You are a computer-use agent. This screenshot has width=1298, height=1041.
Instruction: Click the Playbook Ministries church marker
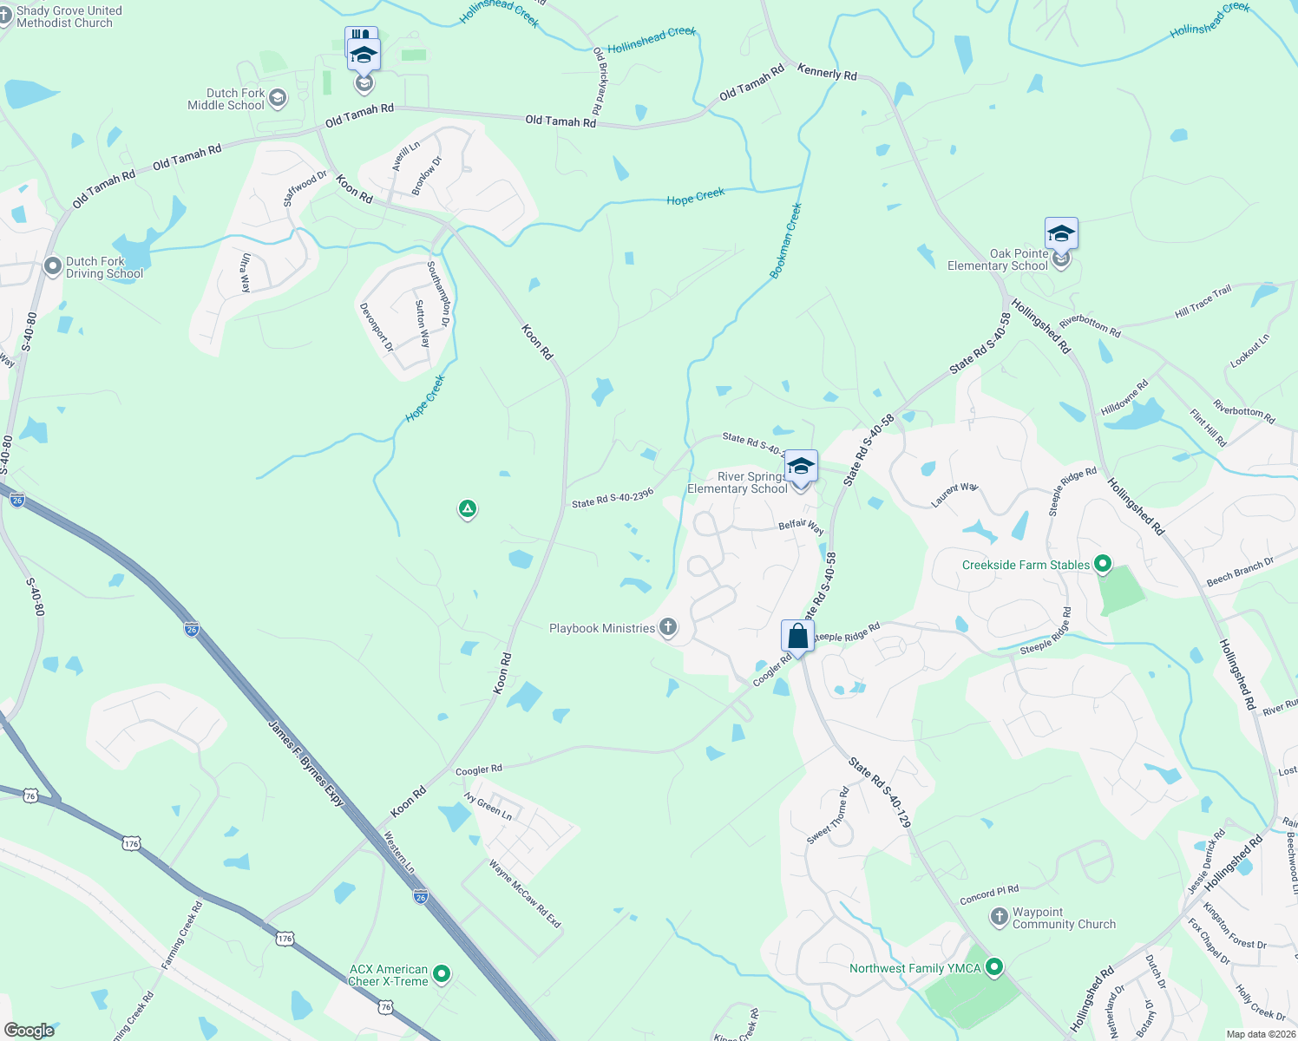point(667,627)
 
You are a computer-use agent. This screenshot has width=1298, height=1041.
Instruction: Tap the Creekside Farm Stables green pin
point(1102,565)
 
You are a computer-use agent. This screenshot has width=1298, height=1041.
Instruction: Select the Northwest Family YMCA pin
point(994,966)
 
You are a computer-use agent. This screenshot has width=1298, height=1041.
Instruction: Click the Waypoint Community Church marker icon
point(1000,916)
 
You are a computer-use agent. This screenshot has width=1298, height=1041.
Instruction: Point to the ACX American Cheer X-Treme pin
point(442,974)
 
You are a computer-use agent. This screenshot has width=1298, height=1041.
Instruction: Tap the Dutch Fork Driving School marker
point(53,266)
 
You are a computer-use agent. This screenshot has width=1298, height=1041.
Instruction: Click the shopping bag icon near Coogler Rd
point(797,637)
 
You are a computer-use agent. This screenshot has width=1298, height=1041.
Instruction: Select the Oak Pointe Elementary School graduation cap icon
point(1060,234)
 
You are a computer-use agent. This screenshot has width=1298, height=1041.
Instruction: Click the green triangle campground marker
point(468,509)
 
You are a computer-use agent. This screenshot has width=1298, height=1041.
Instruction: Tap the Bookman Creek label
point(786,241)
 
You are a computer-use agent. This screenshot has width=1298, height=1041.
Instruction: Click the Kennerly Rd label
point(827,73)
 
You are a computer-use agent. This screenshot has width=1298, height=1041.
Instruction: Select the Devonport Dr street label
point(377,327)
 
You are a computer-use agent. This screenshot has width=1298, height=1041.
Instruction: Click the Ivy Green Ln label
point(488,806)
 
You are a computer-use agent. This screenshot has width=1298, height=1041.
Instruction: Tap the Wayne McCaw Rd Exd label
point(525,894)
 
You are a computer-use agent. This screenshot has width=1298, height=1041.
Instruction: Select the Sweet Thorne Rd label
point(828,815)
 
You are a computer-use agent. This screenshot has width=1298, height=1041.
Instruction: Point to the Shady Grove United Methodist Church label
point(69,16)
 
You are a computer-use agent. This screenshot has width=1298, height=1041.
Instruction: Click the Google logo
point(29,1031)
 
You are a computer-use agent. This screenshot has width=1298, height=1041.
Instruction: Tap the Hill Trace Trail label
point(1203,301)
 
